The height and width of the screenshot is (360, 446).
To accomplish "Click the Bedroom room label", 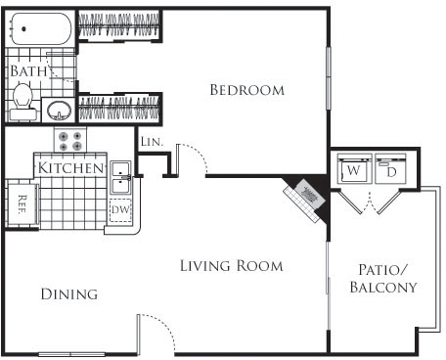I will [x=247, y=90].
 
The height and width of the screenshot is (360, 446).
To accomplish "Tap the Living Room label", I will [x=231, y=265].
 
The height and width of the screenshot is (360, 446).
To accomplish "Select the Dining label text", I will [x=68, y=293].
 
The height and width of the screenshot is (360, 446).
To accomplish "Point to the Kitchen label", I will [x=70, y=168].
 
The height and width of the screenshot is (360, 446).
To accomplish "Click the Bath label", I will [x=27, y=71].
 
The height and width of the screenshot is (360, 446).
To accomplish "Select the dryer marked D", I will [x=390, y=171].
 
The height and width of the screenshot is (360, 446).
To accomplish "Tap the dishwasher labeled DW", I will [x=120, y=209].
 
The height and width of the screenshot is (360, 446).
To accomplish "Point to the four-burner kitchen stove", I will [x=69, y=141].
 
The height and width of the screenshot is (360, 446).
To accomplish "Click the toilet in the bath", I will [x=22, y=98].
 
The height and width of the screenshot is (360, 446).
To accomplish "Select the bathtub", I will [x=40, y=29].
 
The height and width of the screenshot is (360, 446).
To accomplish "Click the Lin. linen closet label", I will [x=151, y=142].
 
